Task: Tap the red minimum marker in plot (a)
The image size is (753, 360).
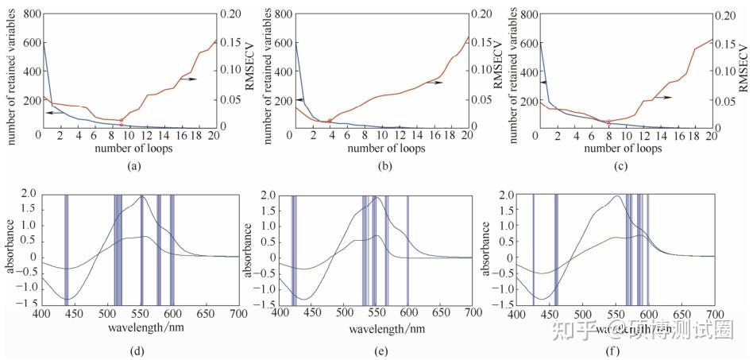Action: (x=121, y=121)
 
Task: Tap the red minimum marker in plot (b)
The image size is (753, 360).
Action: (x=330, y=121)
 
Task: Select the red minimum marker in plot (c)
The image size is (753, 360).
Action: (x=608, y=122)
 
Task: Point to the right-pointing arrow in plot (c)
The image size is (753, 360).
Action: (x=664, y=96)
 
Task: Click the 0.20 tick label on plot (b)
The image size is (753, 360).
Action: (x=481, y=14)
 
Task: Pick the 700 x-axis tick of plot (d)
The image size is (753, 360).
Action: (x=237, y=315)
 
